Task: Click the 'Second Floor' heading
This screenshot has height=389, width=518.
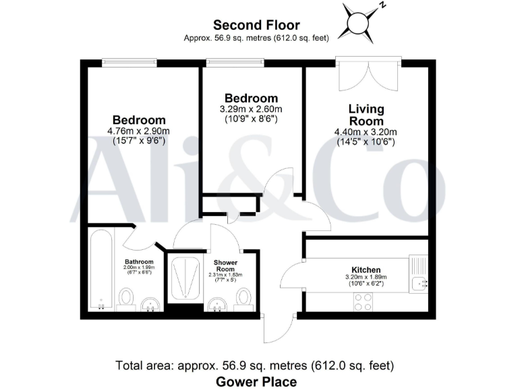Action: click(256, 26)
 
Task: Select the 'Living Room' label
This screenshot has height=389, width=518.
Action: click(366, 114)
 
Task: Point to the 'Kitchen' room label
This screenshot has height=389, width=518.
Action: click(366, 269)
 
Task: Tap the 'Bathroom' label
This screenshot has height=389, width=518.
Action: click(139, 261)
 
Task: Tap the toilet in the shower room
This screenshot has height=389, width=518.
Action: click(244, 296)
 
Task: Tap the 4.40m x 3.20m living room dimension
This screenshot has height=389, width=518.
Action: click(366, 132)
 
